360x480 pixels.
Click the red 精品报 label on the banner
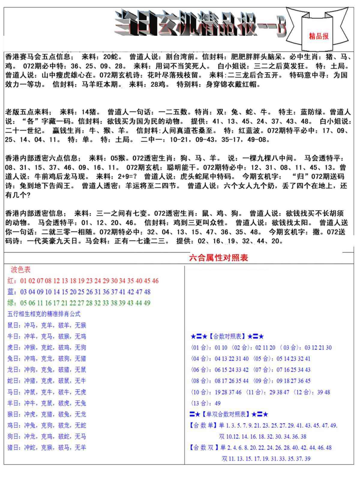319,36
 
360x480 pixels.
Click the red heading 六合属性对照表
218,258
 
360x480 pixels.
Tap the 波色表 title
21,270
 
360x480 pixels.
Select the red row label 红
10,281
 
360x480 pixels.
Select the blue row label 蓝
10,292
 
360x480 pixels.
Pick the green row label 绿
10,303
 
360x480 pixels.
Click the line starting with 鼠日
46,325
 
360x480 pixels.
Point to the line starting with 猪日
46,448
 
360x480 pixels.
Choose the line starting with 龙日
46,370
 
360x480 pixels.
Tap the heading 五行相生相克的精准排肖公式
44,314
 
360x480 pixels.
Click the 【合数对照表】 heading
227,337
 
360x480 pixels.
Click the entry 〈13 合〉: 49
205,403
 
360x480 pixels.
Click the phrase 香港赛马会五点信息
37,57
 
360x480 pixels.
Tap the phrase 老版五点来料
27,112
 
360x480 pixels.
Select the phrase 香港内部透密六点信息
41,158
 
